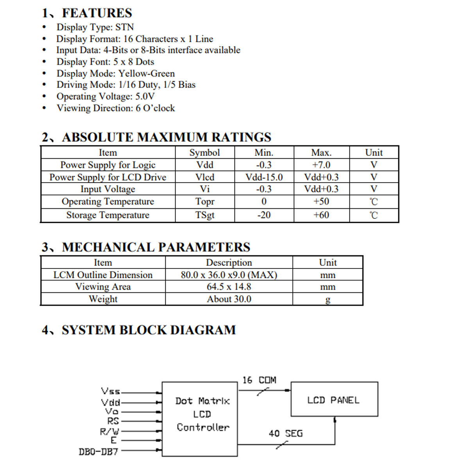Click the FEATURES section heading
point(97,13)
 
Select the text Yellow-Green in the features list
point(147,73)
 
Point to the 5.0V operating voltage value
point(145,97)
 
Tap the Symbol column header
point(204,152)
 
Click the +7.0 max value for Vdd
point(321,165)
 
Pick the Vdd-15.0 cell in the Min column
point(264,177)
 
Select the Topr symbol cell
point(205,202)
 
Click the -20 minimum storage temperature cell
point(264,215)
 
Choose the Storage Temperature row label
point(107,215)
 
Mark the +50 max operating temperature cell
point(321,202)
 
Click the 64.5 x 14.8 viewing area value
point(229,286)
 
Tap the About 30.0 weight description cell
point(229,299)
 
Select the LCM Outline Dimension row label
point(103,275)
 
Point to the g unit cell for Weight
point(328,299)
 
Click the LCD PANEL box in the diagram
point(334,399)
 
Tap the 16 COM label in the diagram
point(259,380)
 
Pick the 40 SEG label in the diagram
point(285,433)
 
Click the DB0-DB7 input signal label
point(98,452)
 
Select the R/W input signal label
point(109,431)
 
